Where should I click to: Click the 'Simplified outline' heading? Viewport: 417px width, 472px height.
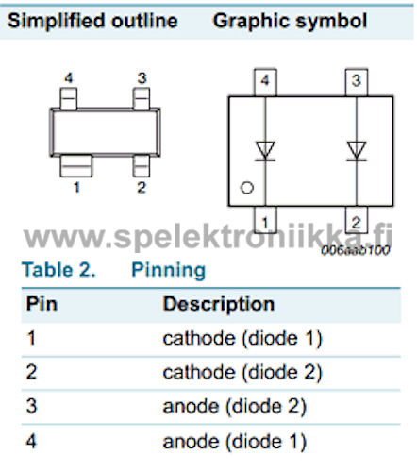[x=92, y=21]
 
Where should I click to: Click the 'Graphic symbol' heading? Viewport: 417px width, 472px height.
[x=290, y=22]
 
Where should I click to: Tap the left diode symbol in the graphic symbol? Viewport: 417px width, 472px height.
[x=265, y=151]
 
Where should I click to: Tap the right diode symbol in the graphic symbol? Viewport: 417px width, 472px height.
[x=357, y=151]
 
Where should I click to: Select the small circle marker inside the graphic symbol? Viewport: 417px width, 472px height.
[x=247, y=188]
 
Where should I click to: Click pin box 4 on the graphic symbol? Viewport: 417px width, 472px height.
[x=265, y=82]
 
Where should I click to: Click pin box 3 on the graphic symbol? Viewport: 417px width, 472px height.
[x=357, y=82]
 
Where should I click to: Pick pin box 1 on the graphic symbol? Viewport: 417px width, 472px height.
[x=265, y=220]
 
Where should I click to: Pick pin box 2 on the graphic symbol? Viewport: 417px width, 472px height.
[x=357, y=220]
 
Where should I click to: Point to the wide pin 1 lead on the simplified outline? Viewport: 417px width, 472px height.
[x=76, y=166]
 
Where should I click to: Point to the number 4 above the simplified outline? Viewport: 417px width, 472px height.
[x=69, y=77]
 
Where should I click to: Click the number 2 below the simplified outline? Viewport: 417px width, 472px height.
[x=142, y=188]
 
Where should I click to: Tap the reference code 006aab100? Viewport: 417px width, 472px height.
[x=356, y=250]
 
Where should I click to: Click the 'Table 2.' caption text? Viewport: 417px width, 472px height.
[x=58, y=270]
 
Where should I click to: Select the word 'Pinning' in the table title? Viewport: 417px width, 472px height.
[x=169, y=271]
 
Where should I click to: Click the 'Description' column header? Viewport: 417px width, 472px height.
[x=219, y=305]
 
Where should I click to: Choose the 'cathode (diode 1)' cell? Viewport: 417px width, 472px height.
[x=242, y=339]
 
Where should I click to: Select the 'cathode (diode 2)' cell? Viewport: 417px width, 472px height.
[x=242, y=373]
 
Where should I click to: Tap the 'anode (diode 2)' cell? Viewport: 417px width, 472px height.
[x=235, y=407]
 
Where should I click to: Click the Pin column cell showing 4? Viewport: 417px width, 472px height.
[x=31, y=441]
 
